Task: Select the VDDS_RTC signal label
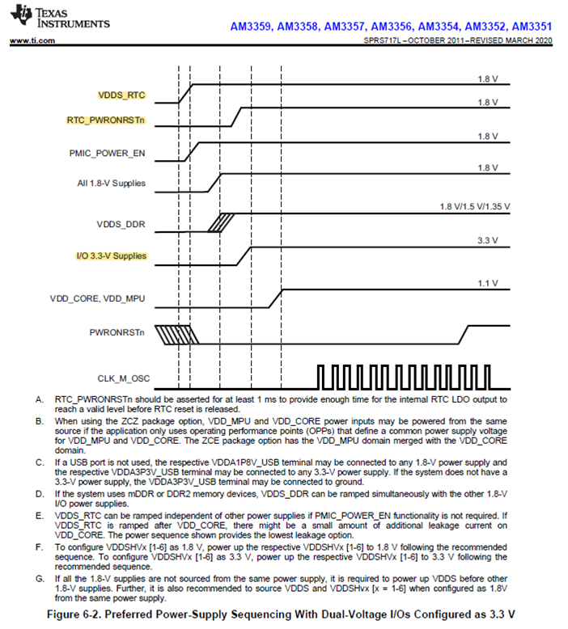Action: (121, 95)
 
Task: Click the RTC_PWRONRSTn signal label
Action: (106, 120)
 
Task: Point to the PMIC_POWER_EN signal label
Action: (108, 152)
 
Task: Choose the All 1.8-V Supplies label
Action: (112, 183)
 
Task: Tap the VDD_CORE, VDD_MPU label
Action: (99, 298)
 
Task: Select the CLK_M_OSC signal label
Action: (119, 378)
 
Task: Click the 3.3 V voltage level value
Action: (486, 240)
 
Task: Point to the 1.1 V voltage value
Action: (486, 282)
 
